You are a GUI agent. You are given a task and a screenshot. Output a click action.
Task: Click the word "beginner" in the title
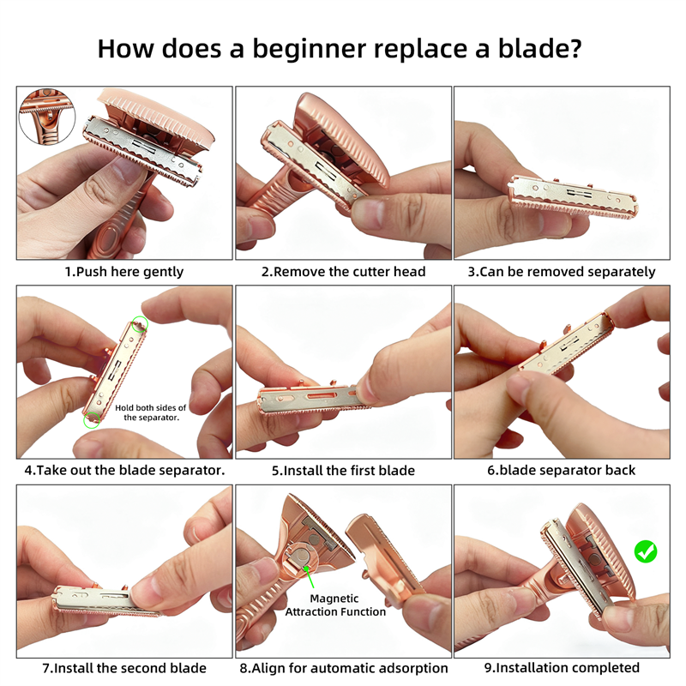point(309,50)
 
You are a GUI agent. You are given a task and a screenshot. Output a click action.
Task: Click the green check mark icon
point(646,551)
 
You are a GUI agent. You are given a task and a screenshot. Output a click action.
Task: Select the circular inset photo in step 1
point(47,116)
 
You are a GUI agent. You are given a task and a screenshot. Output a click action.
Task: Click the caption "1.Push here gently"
point(124,272)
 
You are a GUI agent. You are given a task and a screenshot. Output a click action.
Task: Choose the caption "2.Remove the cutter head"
point(344,272)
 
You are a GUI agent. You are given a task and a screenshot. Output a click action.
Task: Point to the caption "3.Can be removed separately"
point(562,272)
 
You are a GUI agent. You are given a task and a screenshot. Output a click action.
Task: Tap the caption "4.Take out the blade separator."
point(124,470)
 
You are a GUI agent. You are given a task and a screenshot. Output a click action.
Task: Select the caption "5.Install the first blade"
point(344,470)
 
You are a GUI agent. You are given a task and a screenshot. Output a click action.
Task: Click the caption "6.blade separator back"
point(562,470)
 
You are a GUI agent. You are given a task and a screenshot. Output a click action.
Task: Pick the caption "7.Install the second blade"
point(124,668)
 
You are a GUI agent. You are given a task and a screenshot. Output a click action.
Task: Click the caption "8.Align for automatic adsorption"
point(344,668)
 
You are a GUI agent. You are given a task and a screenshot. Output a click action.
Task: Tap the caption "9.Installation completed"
point(562,668)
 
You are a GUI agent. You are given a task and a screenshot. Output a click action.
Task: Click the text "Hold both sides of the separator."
point(151,412)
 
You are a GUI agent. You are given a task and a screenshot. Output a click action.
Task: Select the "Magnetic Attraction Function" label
point(335,605)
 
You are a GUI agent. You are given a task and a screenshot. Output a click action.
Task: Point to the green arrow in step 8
point(309,576)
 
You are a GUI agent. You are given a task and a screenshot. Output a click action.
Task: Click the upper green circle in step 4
point(140,325)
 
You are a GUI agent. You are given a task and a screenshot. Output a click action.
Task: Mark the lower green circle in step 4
point(92,419)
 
